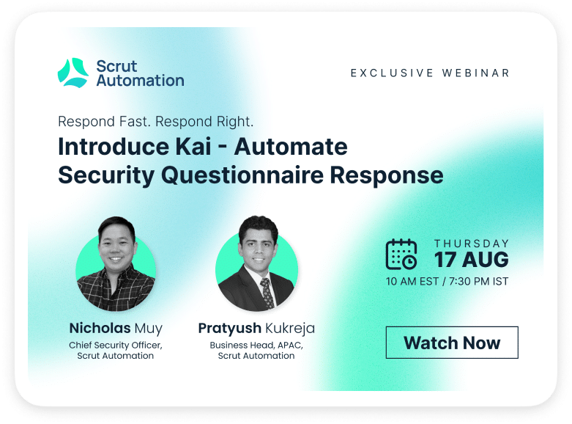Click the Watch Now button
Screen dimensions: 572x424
452,343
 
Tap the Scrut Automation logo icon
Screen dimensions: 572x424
73,73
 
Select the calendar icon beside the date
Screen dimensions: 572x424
401,254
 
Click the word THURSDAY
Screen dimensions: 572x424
472,244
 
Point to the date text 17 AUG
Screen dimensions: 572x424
472,260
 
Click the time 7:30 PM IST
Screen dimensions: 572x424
478,282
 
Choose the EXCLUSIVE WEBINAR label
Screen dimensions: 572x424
430,73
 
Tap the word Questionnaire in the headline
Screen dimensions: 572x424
242,175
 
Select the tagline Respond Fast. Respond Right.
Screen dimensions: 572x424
156,121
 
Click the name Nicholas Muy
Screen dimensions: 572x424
116,328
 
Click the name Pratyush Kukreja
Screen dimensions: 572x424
256,328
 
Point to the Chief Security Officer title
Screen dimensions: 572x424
115,345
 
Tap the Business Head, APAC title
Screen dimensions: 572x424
256,345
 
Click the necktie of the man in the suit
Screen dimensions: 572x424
267,293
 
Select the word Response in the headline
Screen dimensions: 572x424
387,175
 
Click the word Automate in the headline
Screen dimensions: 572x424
291,147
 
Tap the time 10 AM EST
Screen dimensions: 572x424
412,282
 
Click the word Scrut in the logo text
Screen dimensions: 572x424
116,66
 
